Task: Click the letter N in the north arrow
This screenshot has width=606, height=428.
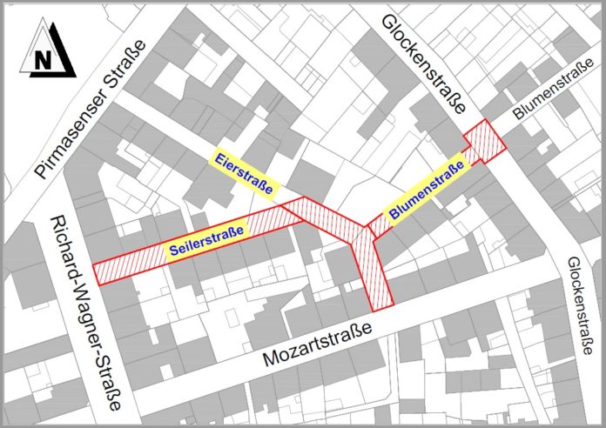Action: point(41,61)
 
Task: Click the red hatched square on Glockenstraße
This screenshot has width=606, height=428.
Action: point(483,142)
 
